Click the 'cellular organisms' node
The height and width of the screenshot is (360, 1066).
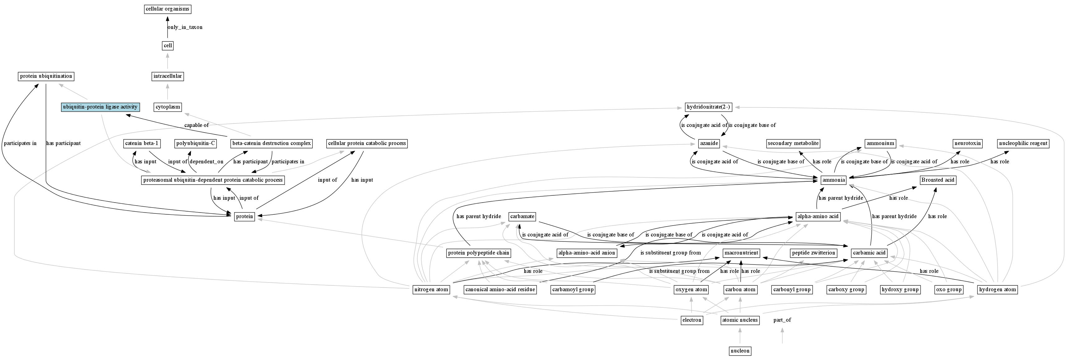tap(167, 9)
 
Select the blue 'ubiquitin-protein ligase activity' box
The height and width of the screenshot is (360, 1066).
tap(100, 107)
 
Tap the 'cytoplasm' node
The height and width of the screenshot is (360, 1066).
tap(167, 107)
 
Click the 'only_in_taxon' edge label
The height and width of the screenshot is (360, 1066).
tap(185, 27)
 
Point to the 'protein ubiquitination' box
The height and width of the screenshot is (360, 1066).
tap(46, 76)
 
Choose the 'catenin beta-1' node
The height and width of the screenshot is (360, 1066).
tap(142, 143)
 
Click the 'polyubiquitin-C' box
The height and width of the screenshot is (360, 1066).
tap(196, 143)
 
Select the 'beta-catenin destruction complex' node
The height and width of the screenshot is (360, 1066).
tap(271, 143)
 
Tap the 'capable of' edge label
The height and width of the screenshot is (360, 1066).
tap(196, 125)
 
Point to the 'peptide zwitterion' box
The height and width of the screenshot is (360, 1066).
tap(814, 253)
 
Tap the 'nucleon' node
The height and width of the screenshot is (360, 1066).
tap(740, 351)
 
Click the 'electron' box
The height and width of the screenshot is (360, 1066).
tap(691, 320)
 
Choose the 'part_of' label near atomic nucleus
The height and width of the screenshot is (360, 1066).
tap(782, 320)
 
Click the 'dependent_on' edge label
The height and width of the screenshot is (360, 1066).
tap(206, 162)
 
